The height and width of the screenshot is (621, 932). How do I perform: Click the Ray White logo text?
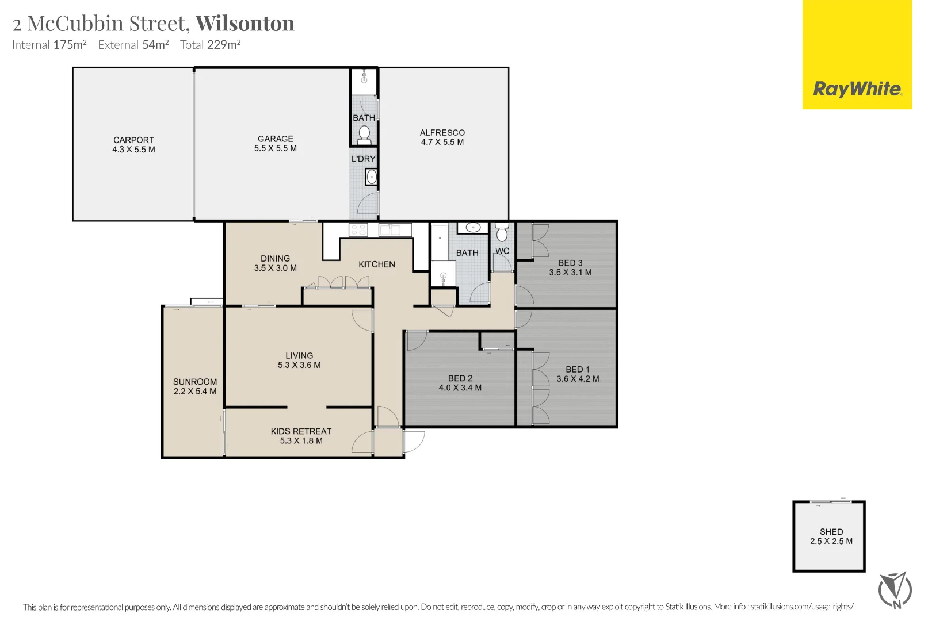857,89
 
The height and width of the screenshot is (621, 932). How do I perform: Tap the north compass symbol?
895,590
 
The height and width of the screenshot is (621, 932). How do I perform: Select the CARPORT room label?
133,140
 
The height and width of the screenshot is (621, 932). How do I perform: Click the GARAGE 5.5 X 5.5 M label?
275,144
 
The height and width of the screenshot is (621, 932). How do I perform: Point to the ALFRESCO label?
442,133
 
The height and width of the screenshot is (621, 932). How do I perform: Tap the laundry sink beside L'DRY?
372,177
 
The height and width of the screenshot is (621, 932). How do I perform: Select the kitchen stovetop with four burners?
358,230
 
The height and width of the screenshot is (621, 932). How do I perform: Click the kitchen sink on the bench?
395,230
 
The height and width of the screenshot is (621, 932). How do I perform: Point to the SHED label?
831,532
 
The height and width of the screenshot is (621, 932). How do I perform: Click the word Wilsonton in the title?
245,24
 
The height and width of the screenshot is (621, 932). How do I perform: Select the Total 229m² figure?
210,45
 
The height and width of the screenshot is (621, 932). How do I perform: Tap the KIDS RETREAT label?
301,431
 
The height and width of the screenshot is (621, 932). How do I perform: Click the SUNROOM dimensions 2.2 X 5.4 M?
195,392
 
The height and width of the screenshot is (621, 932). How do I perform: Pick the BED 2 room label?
460,378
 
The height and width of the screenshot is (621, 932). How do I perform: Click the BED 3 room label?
570,263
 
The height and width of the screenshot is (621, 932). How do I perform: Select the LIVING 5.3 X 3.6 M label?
299,361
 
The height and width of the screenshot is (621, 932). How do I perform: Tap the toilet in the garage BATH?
364,135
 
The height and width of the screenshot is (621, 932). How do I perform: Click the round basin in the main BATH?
473,228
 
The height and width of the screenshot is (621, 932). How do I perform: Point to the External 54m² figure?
133,45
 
